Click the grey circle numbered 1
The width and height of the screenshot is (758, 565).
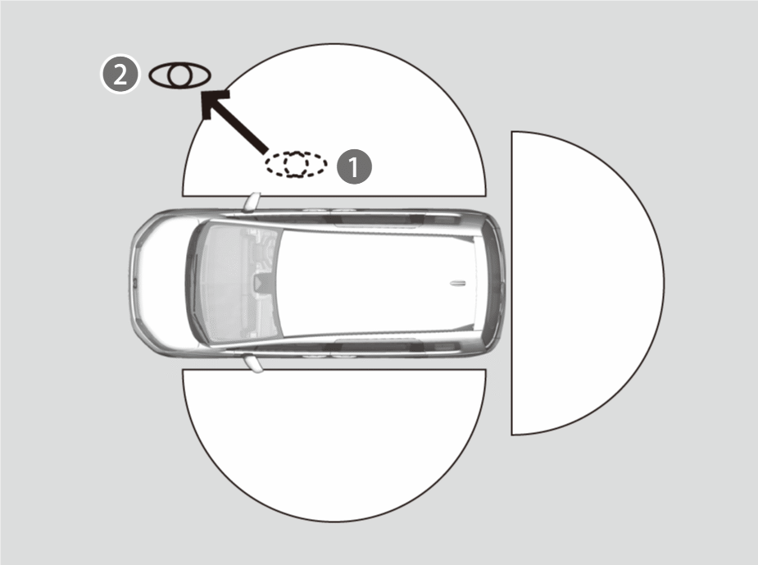[x=354, y=166]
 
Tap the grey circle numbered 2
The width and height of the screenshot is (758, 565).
[x=120, y=75]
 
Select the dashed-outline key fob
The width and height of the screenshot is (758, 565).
[x=296, y=164]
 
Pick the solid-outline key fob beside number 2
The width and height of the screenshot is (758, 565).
[x=179, y=75]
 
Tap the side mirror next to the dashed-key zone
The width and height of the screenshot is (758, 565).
[x=252, y=202]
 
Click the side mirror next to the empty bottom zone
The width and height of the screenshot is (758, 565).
[x=253, y=364]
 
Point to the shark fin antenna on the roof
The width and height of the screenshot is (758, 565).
[x=457, y=283]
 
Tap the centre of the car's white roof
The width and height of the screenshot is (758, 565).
[x=377, y=283]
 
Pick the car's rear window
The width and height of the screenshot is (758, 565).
[x=491, y=283]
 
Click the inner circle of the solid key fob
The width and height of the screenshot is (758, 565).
[x=179, y=75]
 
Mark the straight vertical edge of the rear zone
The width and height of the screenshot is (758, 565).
[x=512, y=283]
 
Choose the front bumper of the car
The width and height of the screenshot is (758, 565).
[x=135, y=283]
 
